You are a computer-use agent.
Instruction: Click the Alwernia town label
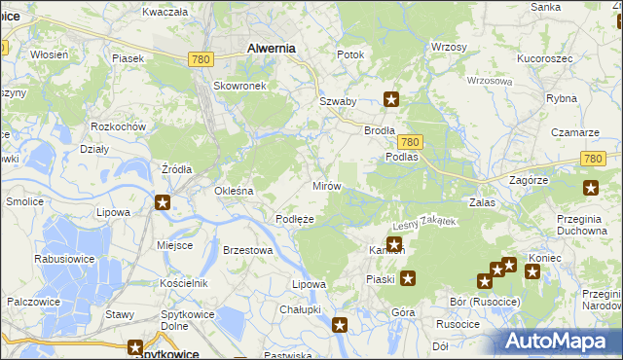click(272, 47)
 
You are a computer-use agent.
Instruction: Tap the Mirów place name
click(325, 185)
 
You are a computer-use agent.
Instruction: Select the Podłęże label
click(294, 219)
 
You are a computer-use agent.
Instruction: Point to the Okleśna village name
click(234, 191)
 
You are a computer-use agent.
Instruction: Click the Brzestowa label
click(246, 250)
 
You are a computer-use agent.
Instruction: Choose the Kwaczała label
click(164, 12)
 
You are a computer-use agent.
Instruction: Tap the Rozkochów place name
click(118, 127)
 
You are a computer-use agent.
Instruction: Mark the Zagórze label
click(530, 180)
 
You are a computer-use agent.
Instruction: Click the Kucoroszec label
click(544, 59)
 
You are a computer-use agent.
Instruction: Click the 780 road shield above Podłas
click(409, 141)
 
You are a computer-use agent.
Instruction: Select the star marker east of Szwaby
click(391, 97)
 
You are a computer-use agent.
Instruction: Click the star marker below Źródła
click(163, 202)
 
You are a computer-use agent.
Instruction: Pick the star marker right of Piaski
click(409, 279)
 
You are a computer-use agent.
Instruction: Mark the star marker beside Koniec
click(531, 271)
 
